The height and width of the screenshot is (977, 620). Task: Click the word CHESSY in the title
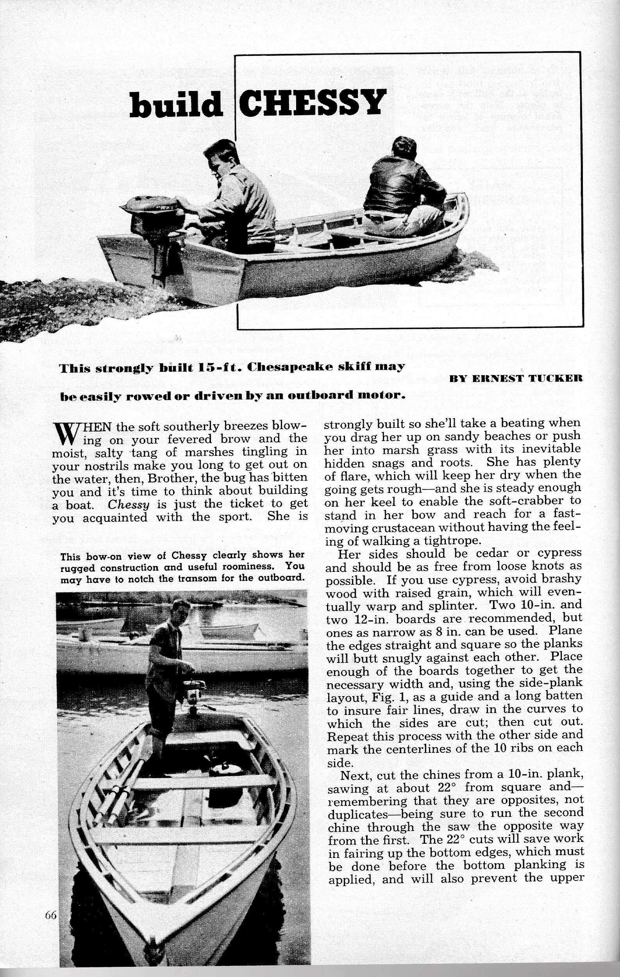pyautogui.click(x=311, y=103)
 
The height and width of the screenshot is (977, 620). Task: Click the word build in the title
pyautogui.click(x=176, y=105)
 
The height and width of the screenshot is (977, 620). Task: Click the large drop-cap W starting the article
pyautogui.click(x=64, y=434)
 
